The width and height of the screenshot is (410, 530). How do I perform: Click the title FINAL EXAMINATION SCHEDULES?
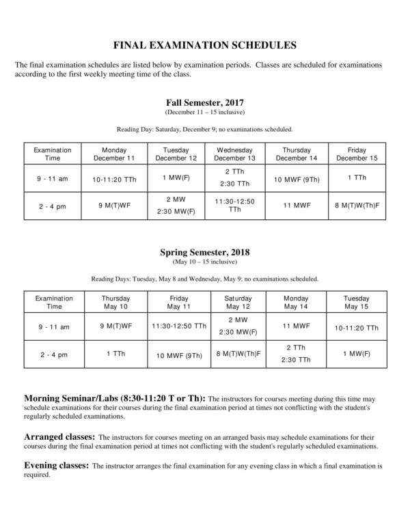click(x=204, y=46)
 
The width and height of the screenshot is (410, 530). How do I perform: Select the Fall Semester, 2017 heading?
click(x=204, y=102)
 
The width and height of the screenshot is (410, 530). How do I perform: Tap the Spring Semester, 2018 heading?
click(x=204, y=251)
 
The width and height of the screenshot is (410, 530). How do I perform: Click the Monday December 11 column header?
click(x=114, y=154)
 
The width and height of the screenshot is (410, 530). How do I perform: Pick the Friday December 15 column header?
click(x=357, y=154)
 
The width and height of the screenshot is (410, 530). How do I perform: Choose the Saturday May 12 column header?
click(x=237, y=303)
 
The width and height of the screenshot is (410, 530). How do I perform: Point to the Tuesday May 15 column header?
click(x=357, y=303)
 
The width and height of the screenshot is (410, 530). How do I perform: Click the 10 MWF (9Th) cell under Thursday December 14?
click(x=296, y=180)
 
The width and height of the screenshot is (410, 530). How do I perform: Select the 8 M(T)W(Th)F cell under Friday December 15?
click(x=357, y=206)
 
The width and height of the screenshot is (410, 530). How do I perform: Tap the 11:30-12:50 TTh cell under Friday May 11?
click(x=178, y=326)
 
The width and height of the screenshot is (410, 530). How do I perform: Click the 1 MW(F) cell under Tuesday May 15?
click(x=357, y=354)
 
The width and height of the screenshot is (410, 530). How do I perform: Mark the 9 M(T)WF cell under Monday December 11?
click(x=114, y=206)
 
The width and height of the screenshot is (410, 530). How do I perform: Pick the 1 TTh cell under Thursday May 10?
click(x=115, y=354)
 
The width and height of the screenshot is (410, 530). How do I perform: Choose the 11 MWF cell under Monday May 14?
click(x=296, y=326)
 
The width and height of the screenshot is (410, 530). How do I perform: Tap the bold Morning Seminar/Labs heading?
click(x=113, y=397)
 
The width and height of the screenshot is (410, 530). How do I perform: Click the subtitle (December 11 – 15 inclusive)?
click(x=204, y=112)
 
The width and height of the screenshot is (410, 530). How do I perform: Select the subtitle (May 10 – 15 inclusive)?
click(x=204, y=262)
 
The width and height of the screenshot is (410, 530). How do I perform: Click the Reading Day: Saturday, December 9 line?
click(x=204, y=129)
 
